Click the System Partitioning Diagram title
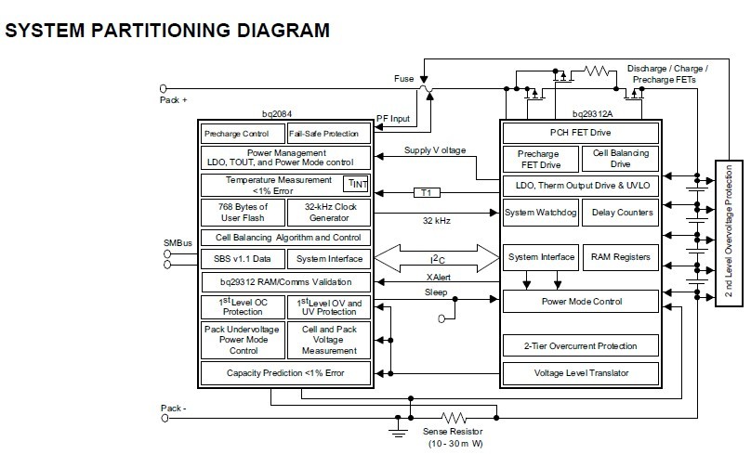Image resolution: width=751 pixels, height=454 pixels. (x=167, y=30)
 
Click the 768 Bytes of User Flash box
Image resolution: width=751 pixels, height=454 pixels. (x=242, y=212)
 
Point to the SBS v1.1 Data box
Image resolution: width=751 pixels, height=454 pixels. (x=242, y=258)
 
